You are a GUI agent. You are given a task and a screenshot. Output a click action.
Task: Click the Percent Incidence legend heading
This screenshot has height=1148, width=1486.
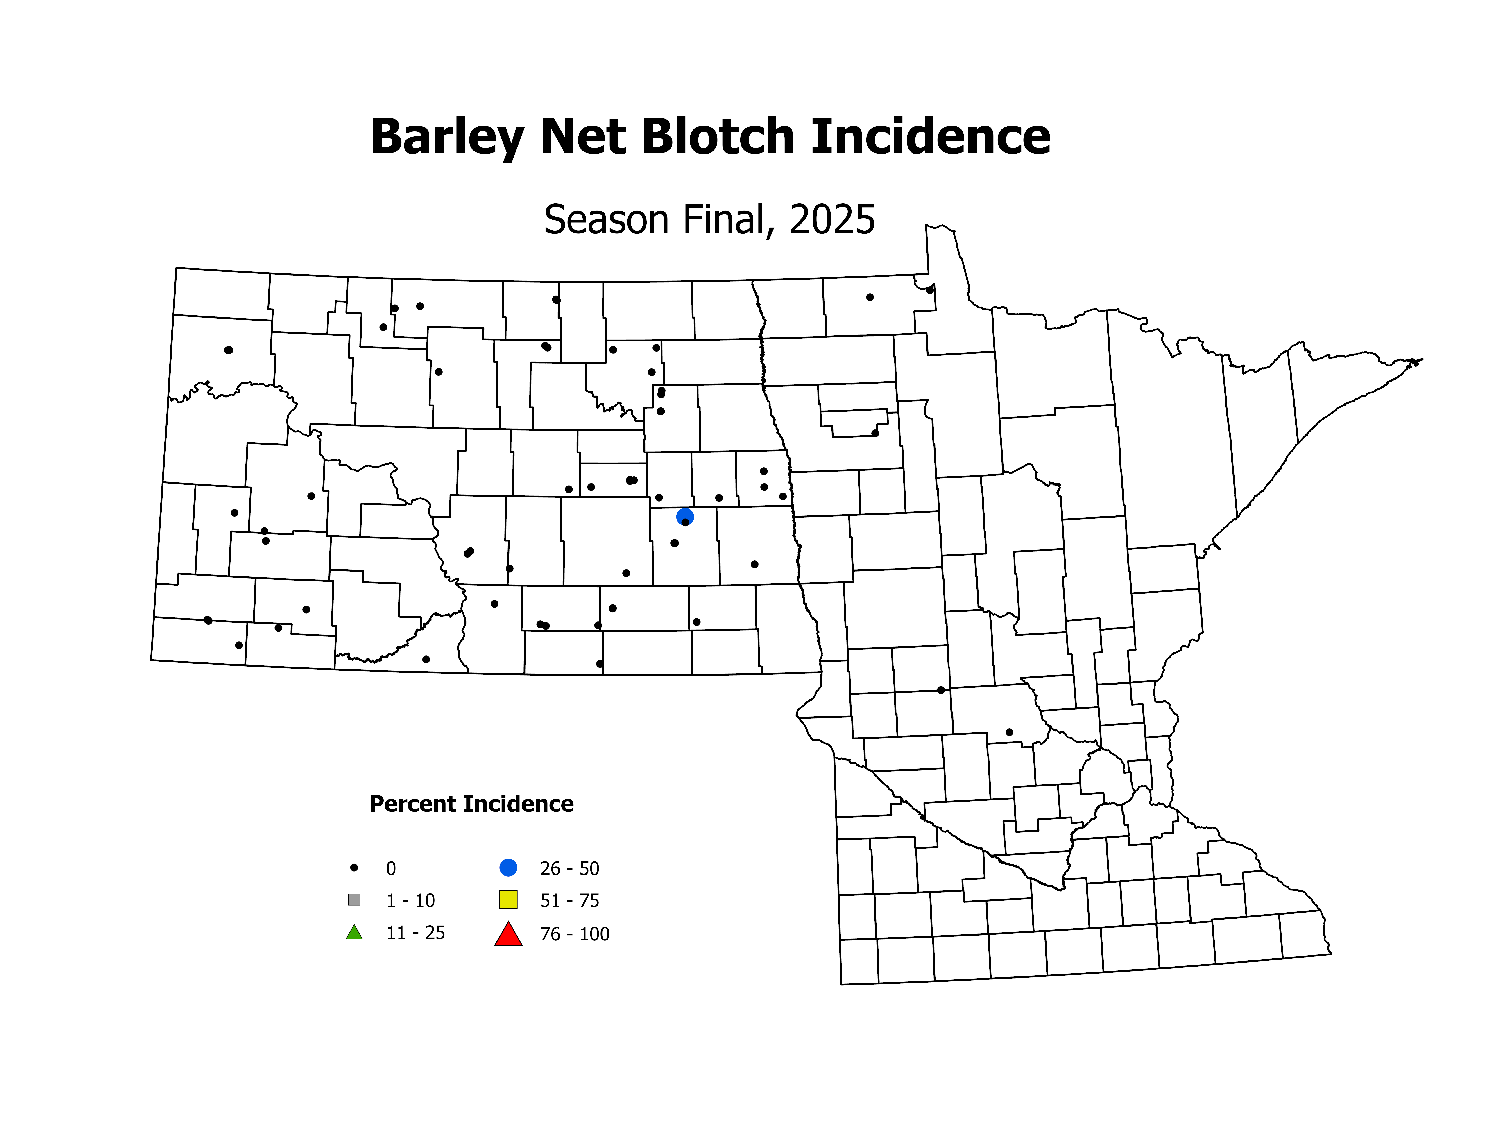point(471,804)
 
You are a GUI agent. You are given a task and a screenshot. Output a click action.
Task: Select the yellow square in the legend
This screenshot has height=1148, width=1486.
point(508,900)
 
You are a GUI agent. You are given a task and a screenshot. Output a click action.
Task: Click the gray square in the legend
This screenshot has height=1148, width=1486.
point(354,900)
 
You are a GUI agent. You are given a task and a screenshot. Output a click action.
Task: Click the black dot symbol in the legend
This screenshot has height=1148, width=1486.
point(354,868)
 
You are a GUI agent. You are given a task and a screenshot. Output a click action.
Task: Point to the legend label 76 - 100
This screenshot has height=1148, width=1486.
point(575,934)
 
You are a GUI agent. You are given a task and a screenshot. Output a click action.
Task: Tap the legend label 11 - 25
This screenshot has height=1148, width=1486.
point(416,933)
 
